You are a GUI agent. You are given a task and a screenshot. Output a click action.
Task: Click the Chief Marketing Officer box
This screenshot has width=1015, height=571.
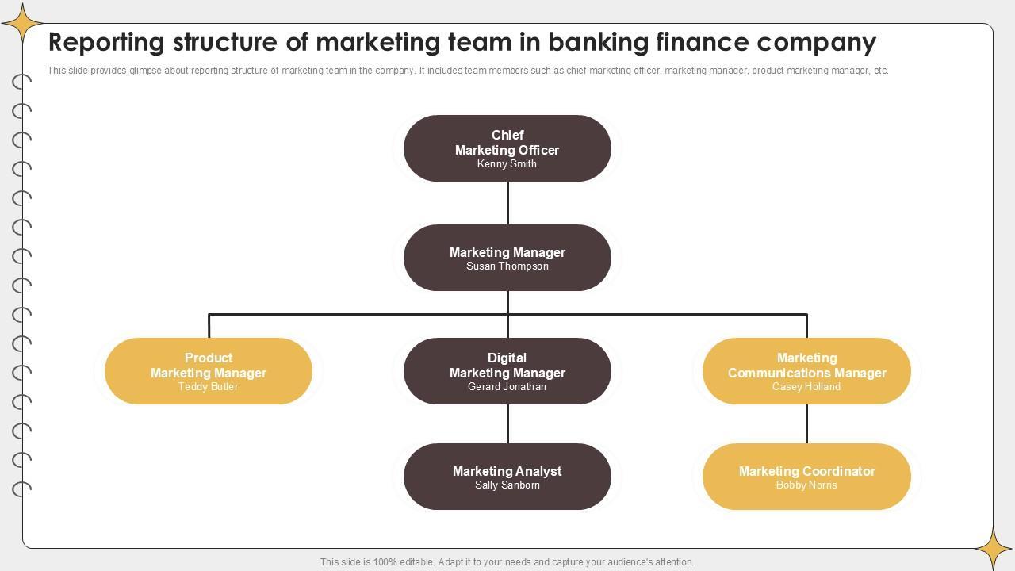(x=507, y=148)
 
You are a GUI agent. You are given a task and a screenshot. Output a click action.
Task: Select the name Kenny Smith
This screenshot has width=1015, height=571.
(x=507, y=163)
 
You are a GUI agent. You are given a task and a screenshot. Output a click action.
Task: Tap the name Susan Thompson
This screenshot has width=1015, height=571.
(x=507, y=266)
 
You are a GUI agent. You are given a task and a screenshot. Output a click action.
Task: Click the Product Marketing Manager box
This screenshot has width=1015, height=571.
(x=209, y=371)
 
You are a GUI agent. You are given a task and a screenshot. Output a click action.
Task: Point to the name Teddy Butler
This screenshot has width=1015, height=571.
(x=208, y=386)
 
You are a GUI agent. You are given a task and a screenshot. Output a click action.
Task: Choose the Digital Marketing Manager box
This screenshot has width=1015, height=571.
(x=507, y=371)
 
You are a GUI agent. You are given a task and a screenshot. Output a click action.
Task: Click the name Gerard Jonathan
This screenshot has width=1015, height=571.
(x=507, y=386)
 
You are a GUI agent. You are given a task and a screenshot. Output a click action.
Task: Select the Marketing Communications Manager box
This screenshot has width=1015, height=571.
(x=806, y=371)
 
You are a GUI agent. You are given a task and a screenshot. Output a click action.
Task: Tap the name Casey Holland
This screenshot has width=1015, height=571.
(x=806, y=386)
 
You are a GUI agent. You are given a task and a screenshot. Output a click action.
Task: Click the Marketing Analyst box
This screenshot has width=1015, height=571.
(x=507, y=477)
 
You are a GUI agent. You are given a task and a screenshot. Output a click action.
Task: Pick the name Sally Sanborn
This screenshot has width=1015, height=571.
(x=507, y=485)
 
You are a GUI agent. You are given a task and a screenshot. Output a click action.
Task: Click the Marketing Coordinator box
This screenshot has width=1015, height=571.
(x=806, y=477)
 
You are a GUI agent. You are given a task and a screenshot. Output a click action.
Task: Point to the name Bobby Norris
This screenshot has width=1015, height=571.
(x=806, y=485)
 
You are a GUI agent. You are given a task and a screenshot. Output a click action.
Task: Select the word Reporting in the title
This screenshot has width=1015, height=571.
(x=106, y=43)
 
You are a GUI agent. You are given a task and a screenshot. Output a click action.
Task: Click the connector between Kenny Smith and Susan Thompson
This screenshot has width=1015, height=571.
(x=507, y=203)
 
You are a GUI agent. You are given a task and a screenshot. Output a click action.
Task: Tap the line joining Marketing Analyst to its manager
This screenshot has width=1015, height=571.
(x=507, y=423)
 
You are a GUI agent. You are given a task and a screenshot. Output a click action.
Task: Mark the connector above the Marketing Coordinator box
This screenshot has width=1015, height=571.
(x=806, y=423)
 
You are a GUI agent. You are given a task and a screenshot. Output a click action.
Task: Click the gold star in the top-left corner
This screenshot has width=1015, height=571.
(x=22, y=23)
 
